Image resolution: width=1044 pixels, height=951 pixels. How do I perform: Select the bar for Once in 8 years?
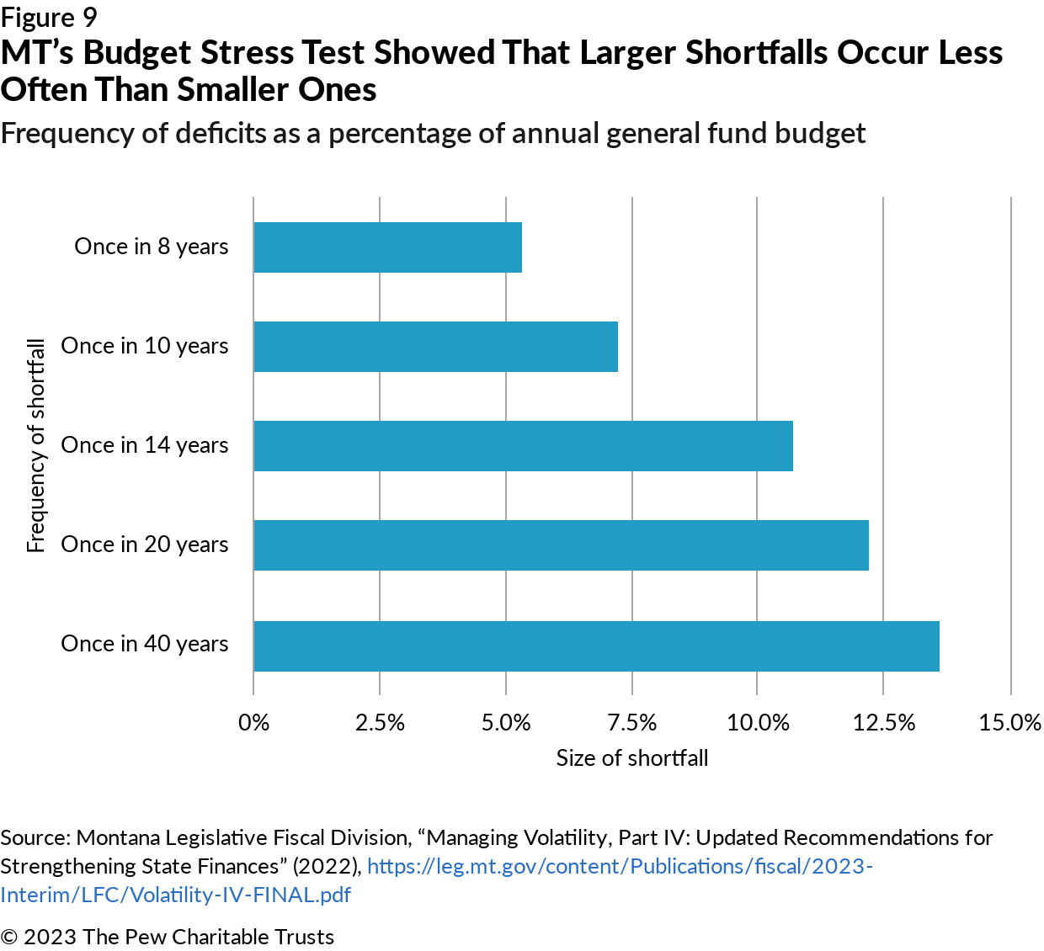387,247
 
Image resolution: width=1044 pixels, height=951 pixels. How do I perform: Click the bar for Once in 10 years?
435,347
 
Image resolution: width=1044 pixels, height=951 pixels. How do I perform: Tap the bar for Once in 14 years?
523,446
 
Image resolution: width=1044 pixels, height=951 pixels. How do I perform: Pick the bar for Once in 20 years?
561,545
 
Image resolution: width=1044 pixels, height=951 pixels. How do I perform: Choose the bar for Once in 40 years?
596,646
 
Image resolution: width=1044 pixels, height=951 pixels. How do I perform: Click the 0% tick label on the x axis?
253,723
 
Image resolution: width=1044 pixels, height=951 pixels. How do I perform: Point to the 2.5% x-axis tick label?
380,723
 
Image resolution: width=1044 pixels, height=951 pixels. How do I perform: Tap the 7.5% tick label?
631,723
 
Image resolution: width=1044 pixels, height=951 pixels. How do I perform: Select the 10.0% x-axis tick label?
758,723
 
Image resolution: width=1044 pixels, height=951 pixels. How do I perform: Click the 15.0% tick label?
1009,723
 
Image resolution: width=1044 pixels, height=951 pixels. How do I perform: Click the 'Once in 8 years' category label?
152,247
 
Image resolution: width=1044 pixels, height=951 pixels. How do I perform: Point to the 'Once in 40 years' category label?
145,644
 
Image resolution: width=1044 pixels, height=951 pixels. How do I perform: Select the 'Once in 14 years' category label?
145,445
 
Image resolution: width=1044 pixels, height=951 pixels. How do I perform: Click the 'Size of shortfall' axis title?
631,758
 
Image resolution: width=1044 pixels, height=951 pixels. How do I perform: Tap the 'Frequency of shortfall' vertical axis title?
35,445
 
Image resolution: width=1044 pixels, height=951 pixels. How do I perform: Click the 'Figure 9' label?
49,18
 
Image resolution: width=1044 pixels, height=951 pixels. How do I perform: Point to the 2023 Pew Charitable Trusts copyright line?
167,937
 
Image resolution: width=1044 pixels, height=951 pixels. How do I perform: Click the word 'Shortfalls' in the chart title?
756,53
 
